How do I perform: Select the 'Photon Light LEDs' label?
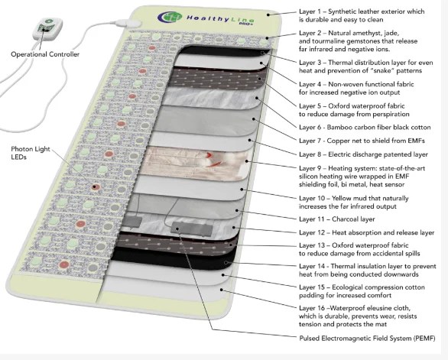29,153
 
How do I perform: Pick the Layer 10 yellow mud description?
359,202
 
